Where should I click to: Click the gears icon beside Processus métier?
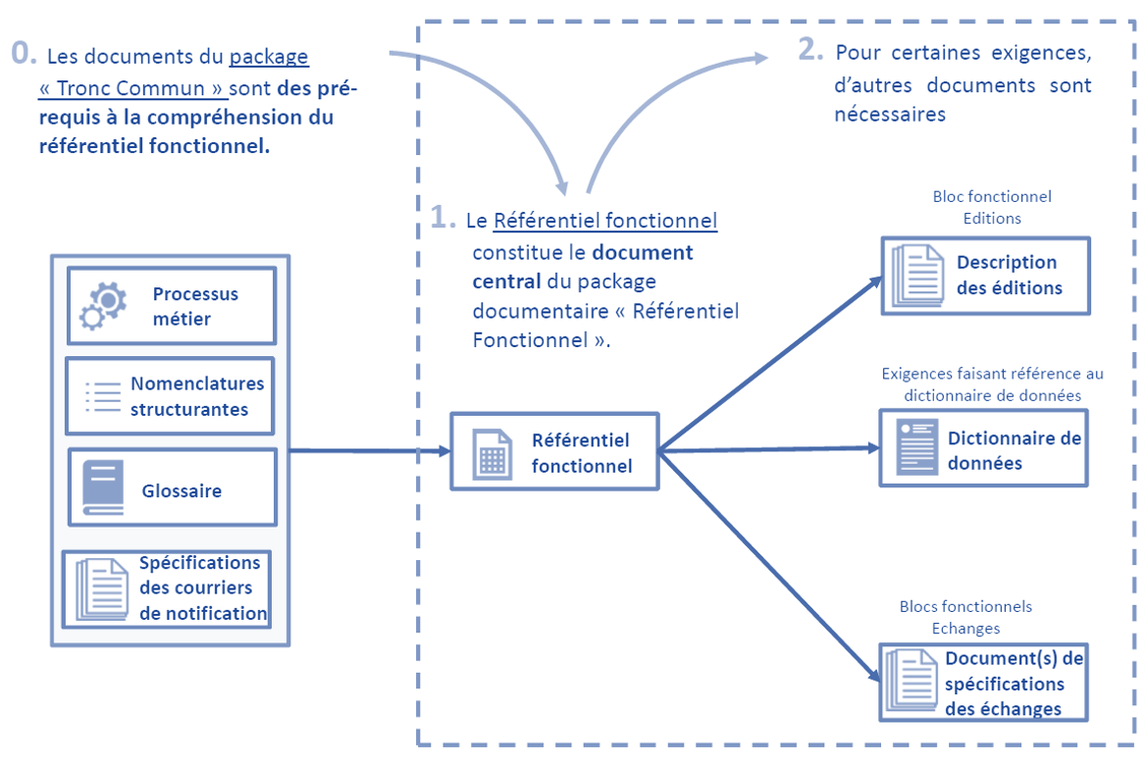(x=103, y=305)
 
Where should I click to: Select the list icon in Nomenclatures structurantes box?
(x=101, y=395)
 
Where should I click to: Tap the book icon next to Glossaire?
(x=103, y=487)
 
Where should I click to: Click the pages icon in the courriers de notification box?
(x=102, y=588)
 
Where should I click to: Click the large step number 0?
(x=24, y=52)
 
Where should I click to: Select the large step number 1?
(x=444, y=217)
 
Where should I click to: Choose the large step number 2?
(x=810, y=50)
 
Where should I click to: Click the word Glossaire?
(x=182, y=490)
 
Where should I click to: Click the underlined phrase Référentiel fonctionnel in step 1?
(x=604, y=221)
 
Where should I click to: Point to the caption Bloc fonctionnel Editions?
(x=992, y=208)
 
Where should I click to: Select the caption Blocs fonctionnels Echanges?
(x=965, y=617)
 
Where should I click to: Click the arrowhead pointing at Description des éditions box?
(x=875, y=281)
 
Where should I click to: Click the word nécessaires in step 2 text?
(x=890, y=115)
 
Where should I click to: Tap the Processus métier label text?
(x=195, y=306)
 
